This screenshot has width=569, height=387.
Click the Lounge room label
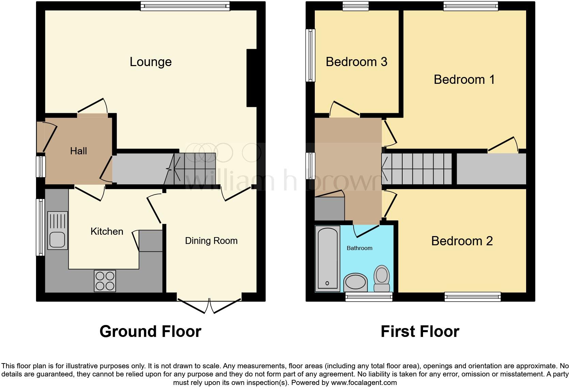[x=150, y=62]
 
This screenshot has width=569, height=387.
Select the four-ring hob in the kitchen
[x=105, y=281]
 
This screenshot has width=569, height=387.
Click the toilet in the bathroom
[x=382, y=279]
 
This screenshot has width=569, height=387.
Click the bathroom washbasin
[x=356, y=282]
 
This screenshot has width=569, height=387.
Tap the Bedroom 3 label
[x=356, y=62]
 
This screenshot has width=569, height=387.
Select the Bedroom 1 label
[x=464, y=79]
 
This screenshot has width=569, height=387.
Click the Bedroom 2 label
[x=462, y=241]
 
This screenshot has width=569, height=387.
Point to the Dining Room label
[x=211, y=241]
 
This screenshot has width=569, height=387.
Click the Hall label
[x=78, y=151]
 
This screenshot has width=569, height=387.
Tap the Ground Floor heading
[x=150, y=331]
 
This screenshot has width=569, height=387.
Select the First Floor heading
[x=420, y=331]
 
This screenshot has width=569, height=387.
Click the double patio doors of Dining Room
[x=209, y=305]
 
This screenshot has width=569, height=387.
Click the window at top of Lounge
[x=185, y=6]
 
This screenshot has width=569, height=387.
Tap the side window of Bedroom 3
[x=310, y=55]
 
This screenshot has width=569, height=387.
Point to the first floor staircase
[x=417, y=169]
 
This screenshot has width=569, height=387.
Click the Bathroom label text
[x=359, y=248]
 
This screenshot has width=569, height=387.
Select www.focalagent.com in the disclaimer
[x=364, y=383]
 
